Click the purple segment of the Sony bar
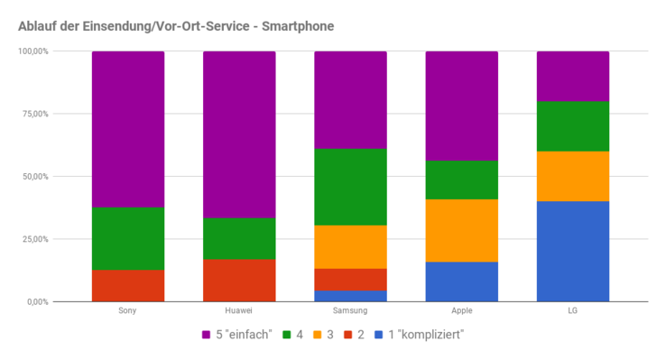click(x=127, y=129)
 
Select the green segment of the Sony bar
click(x=127, y=238)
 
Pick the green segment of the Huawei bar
click(x=239, y=238)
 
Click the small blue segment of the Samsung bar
click(x=350, y=295)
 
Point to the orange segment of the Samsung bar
click(x=350, y=246)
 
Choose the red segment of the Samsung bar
click(x=350, y=279)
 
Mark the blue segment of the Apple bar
click(x=461, y=282)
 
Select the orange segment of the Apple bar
click(x=461, y=230)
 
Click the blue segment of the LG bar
click(x=572, y=251)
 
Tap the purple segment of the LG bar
click(x=572, y=76)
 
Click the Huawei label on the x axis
click(x=239, y=310)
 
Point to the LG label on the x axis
click(x=572, y=310)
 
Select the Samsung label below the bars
click(x=350, y=310)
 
